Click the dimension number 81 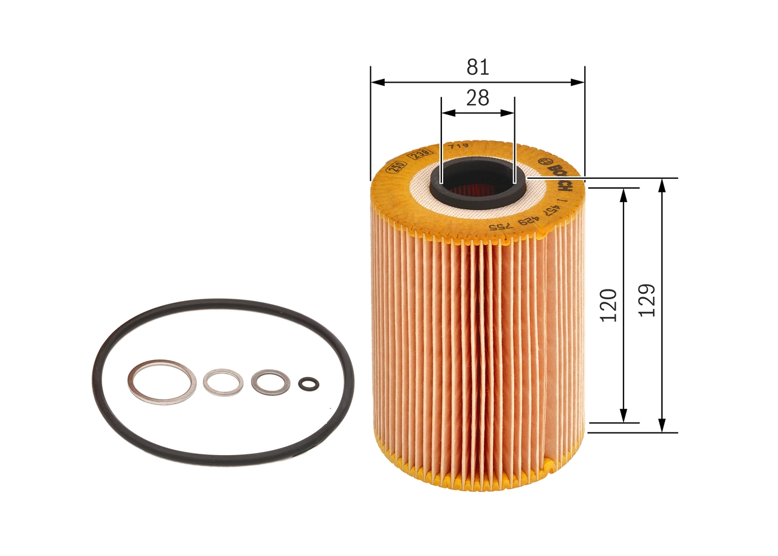(x=478, y=67)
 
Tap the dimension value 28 (x=478, y=98)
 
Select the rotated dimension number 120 (x=608, y=305)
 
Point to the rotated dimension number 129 (x=647, y=299)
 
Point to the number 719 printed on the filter (x=456, y=147)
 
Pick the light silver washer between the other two (x=223, y=382)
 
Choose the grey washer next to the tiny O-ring (x=270, y=382)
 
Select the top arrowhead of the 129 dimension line (x=663, y=183)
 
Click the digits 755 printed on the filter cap (x=503, y=227)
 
